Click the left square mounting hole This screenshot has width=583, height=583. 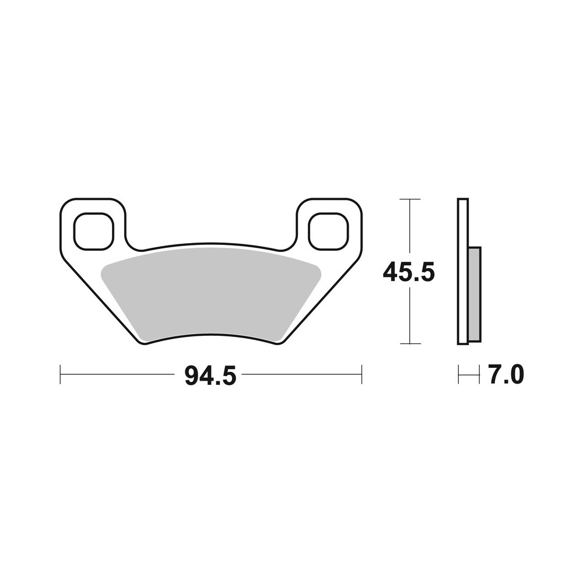pyautogui.click(x=93, y=230)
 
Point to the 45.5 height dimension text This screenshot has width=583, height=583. pyautogui.click(x=409, y=272)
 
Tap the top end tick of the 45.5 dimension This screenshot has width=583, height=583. pyautogui.click(x=411, y=199)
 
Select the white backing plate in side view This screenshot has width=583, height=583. pyautogui.click(x=462, y=271)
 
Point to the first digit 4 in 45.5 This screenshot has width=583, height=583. pyautogui.click(x=391, y=272)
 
